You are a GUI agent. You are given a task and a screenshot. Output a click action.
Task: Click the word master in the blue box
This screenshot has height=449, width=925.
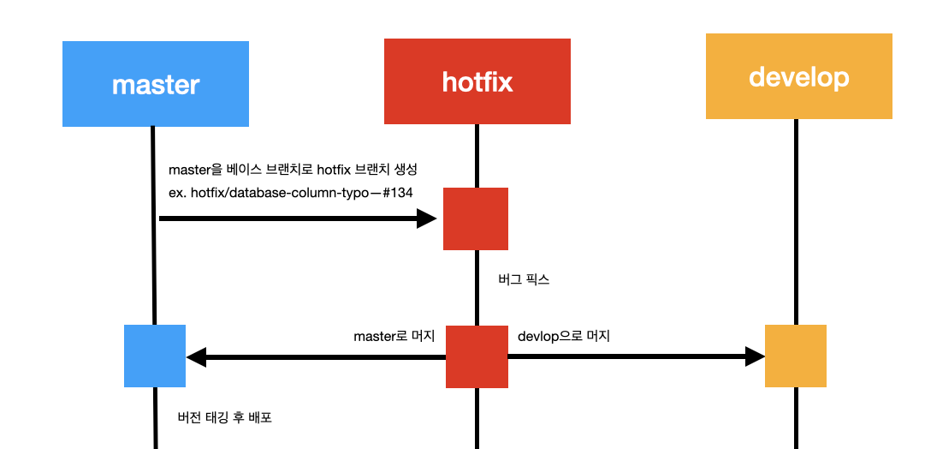(156, 85)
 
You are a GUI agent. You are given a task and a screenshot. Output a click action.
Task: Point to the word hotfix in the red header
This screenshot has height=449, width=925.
(477, 81)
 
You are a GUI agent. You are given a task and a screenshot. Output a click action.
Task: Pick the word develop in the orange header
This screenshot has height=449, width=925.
(798, 76)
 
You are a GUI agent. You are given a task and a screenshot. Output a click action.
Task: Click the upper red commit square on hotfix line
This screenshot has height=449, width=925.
(475, 219)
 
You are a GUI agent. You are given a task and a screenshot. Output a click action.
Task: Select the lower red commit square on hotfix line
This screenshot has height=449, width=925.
(477, 356)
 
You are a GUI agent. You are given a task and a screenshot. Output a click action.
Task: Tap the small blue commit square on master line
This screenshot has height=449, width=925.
(155, 356)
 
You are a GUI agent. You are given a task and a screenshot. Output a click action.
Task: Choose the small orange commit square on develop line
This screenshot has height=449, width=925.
(795, 356)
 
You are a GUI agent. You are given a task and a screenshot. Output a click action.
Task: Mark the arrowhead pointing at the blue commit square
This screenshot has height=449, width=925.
(196, 356)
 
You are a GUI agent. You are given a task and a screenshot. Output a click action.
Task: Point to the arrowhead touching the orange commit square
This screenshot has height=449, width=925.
(755, 356)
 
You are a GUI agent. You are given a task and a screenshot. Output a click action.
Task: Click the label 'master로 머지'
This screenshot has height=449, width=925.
(394, 337)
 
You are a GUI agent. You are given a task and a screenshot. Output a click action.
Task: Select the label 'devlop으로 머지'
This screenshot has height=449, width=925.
(564, 336)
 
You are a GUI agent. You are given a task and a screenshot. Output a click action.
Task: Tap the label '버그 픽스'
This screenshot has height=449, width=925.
(524, 279)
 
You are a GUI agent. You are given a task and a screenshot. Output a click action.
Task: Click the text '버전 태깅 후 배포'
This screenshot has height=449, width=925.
(224, 418)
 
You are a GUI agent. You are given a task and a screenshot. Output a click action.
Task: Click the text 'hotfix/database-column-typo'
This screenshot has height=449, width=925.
(278, 193)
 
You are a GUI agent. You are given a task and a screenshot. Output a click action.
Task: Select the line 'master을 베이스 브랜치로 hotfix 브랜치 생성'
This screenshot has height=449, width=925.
(293, 170)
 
